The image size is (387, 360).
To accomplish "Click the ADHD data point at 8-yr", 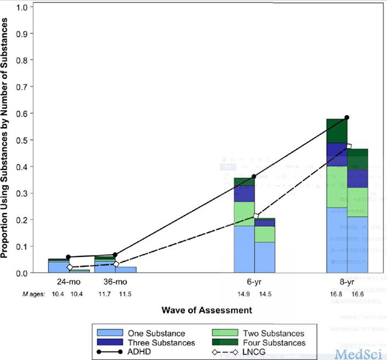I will pyautogui.click(x=347, y=117).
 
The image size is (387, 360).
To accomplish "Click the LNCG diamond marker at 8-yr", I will pyautogui.click(x=349, y=146).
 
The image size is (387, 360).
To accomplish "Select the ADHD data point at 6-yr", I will pyautogui.click(x=254, y=176).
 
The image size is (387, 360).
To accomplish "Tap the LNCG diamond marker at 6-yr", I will pyautogui.click(x=256, y=216).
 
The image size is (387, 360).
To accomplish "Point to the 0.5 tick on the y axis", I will pyautogui.click(x=33, y=140).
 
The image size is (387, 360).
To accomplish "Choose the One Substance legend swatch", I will pyautogui.click(x=109, y=333).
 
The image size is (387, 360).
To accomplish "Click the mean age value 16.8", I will pyautogui.click(x=336, y=294).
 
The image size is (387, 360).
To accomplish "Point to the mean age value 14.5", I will pyautogui.click(x=265, y=294).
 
